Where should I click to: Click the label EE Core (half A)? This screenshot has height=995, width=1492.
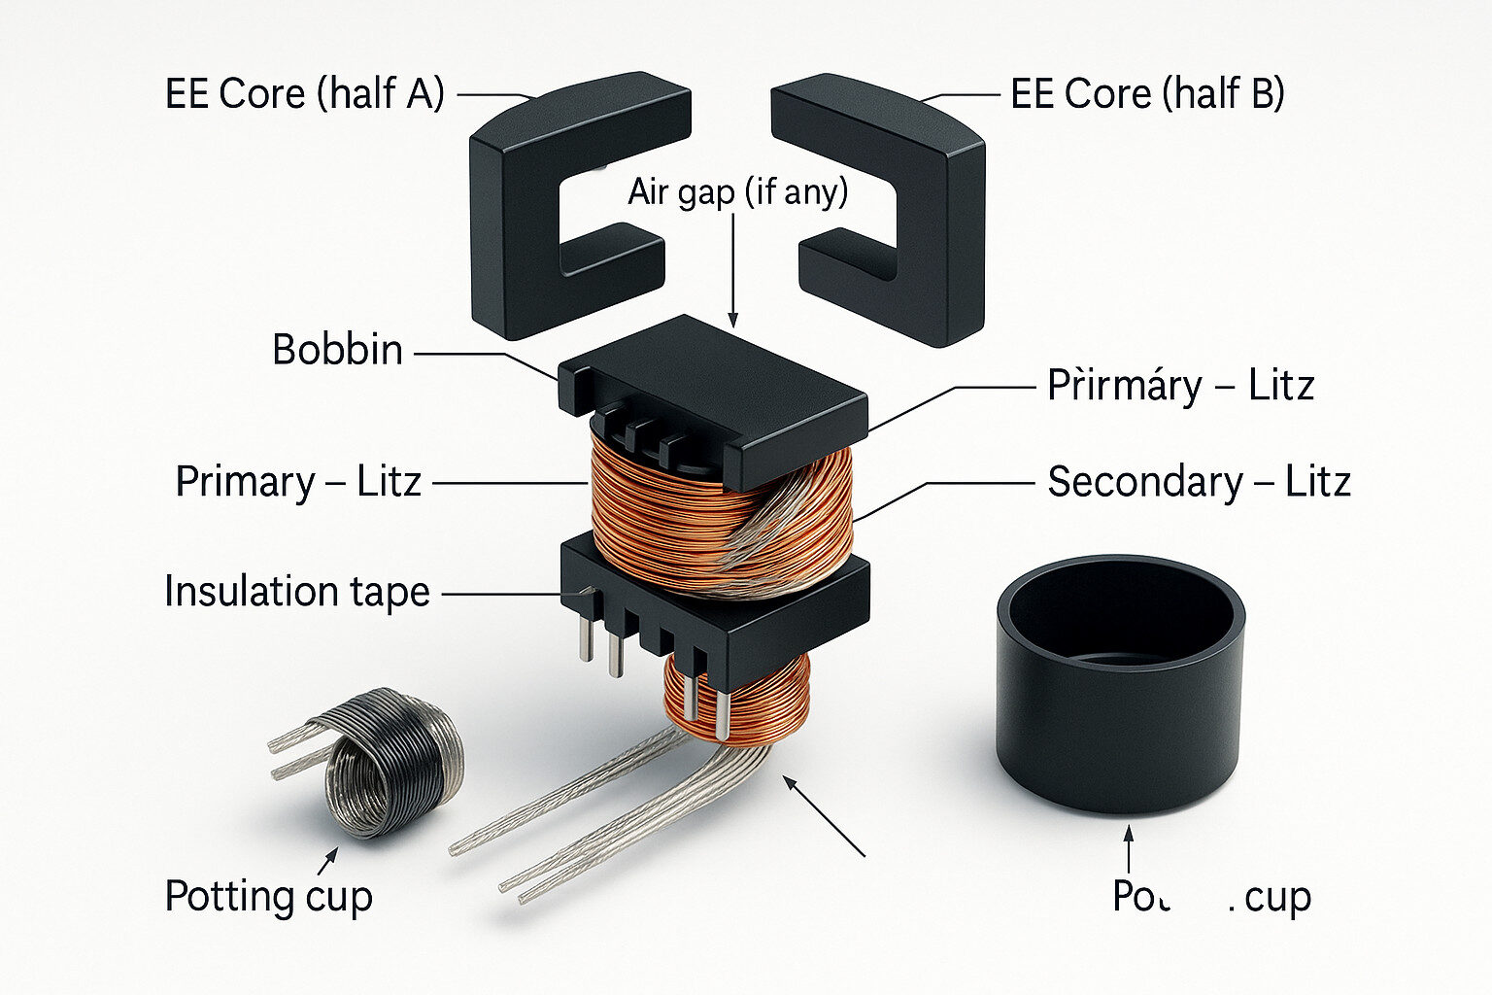pyautogui.click(x=304, y=94)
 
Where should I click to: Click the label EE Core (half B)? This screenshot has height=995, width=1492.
pyautogui.click(x=1147, y=94)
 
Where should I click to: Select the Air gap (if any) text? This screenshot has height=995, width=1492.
pyautogui.click(x=737, y=191)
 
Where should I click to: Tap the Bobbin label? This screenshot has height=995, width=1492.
pyautogui.click(x=337, y=350)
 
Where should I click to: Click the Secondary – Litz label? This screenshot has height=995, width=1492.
pyautogui.click(x=1198, y=482)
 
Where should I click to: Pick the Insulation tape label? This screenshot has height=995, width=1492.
pyautogui.click(x=296, y=592)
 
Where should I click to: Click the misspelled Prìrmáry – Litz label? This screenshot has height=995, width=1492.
pyautogui.click(x=1180, y=386)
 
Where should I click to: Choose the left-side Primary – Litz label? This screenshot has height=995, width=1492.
pyautogui.click(x=297, y=482)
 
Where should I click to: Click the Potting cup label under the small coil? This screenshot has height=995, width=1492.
pyautogui.click(x=268, y=896)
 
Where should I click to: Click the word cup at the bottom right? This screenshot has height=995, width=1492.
pyautogui.click(x=1277, y=898)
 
